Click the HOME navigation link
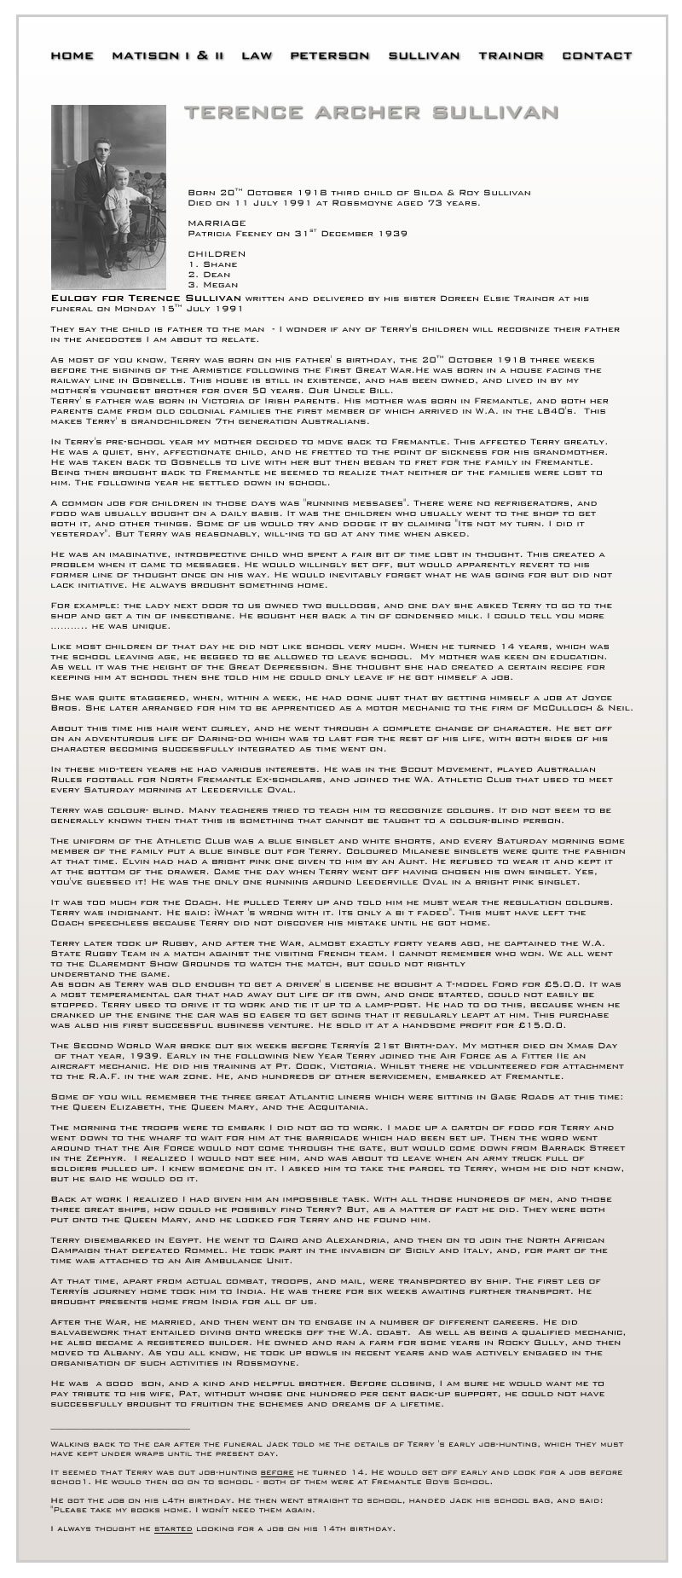pos(72,55)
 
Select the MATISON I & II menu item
pos(168,55)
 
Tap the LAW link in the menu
pos(257,55)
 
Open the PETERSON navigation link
pos(330,55)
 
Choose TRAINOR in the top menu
pos(511,55)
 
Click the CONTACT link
pos(597,55)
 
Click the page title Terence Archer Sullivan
pos(372,113)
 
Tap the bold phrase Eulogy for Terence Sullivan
pos(147,299)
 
